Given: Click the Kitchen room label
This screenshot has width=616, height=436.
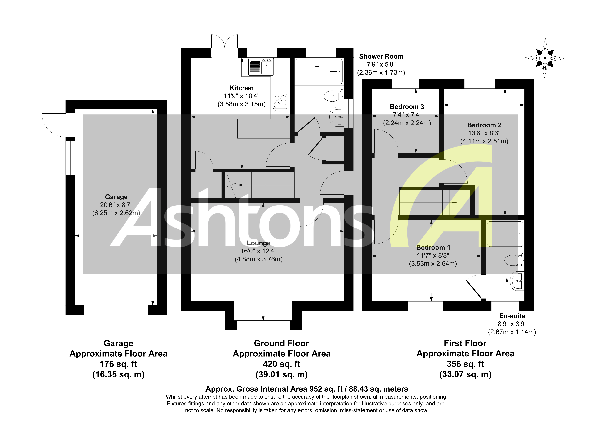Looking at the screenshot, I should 241,88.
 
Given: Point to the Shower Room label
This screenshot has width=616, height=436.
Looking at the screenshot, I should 381,56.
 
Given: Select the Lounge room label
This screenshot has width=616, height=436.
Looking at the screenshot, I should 259,243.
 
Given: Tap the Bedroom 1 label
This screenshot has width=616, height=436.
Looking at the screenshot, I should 433,247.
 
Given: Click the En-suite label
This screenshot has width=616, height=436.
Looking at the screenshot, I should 512,316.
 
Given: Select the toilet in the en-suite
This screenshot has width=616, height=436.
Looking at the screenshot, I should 514,260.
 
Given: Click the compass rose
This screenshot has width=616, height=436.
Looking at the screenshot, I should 545,58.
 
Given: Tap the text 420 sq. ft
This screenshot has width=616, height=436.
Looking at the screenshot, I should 281,364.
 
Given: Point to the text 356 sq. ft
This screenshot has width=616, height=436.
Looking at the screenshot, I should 465,364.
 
